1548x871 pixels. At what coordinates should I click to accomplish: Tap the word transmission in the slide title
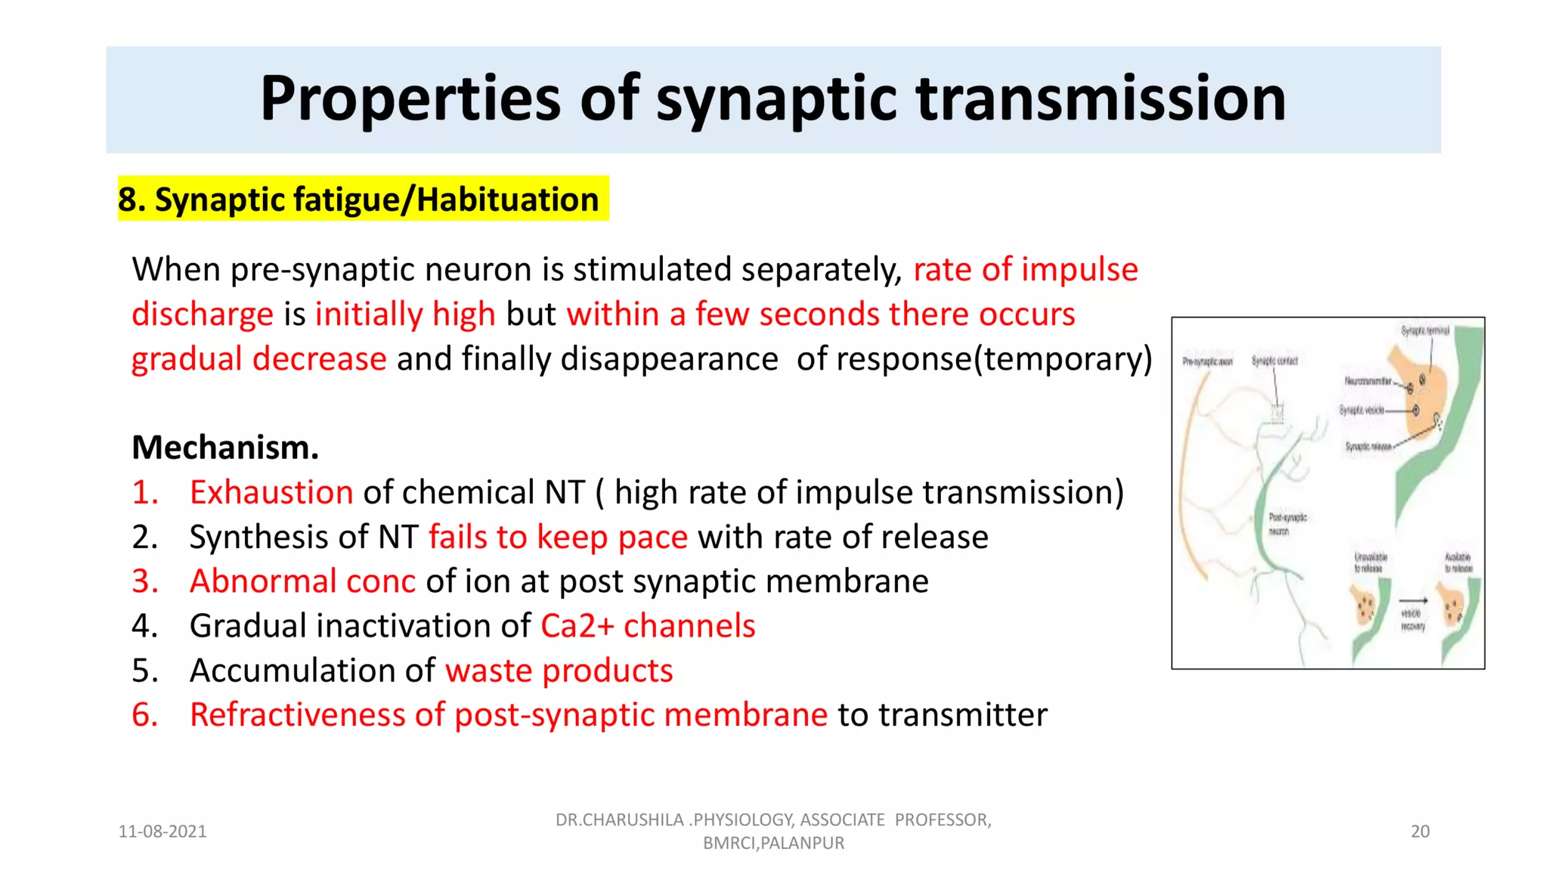(1101, 98)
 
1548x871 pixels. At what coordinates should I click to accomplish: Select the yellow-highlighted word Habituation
(507, 200)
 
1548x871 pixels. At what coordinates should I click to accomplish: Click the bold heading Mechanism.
(225, 448)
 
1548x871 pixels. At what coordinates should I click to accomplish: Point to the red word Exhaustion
(271, 492)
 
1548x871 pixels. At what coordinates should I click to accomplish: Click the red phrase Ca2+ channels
(648, 626)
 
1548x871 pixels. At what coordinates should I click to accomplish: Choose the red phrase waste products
(559, 671)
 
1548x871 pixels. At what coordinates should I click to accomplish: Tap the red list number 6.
(144, 715)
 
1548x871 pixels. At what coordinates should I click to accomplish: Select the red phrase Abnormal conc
(302, 581)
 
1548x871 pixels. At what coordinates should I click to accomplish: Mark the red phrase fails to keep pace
(558, 537)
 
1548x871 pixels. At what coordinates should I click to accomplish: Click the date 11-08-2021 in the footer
(163, 832)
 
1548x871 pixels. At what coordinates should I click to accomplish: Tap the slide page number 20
(1420, 832)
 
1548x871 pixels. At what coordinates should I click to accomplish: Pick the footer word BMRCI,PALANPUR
(773, 843)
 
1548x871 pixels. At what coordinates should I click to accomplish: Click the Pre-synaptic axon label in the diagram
(1207, 362)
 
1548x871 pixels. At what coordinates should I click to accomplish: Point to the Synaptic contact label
(1274, 361)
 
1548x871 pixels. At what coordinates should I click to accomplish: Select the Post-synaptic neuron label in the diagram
(1287, 524)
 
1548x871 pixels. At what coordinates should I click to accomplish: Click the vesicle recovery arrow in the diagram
(1413, 601)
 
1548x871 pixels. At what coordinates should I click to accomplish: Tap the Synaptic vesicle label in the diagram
(1362, 410)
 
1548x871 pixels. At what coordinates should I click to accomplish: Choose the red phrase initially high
(405, 314)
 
